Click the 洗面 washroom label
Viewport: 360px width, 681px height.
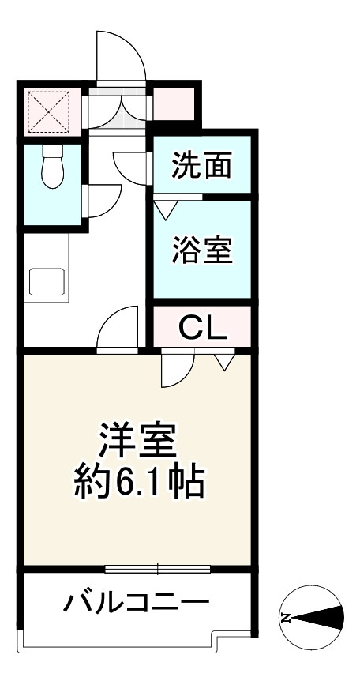(x=202, y=166)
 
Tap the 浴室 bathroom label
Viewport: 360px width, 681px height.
(x=202, y=250)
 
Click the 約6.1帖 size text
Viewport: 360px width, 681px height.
(x=139, y=481)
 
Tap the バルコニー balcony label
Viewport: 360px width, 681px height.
(x=136, y=606)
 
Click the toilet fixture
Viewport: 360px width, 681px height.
(x=52, y=167)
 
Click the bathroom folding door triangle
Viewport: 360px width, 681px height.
(x=165, y=209)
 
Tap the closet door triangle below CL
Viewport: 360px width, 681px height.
(x=223, y=362)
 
